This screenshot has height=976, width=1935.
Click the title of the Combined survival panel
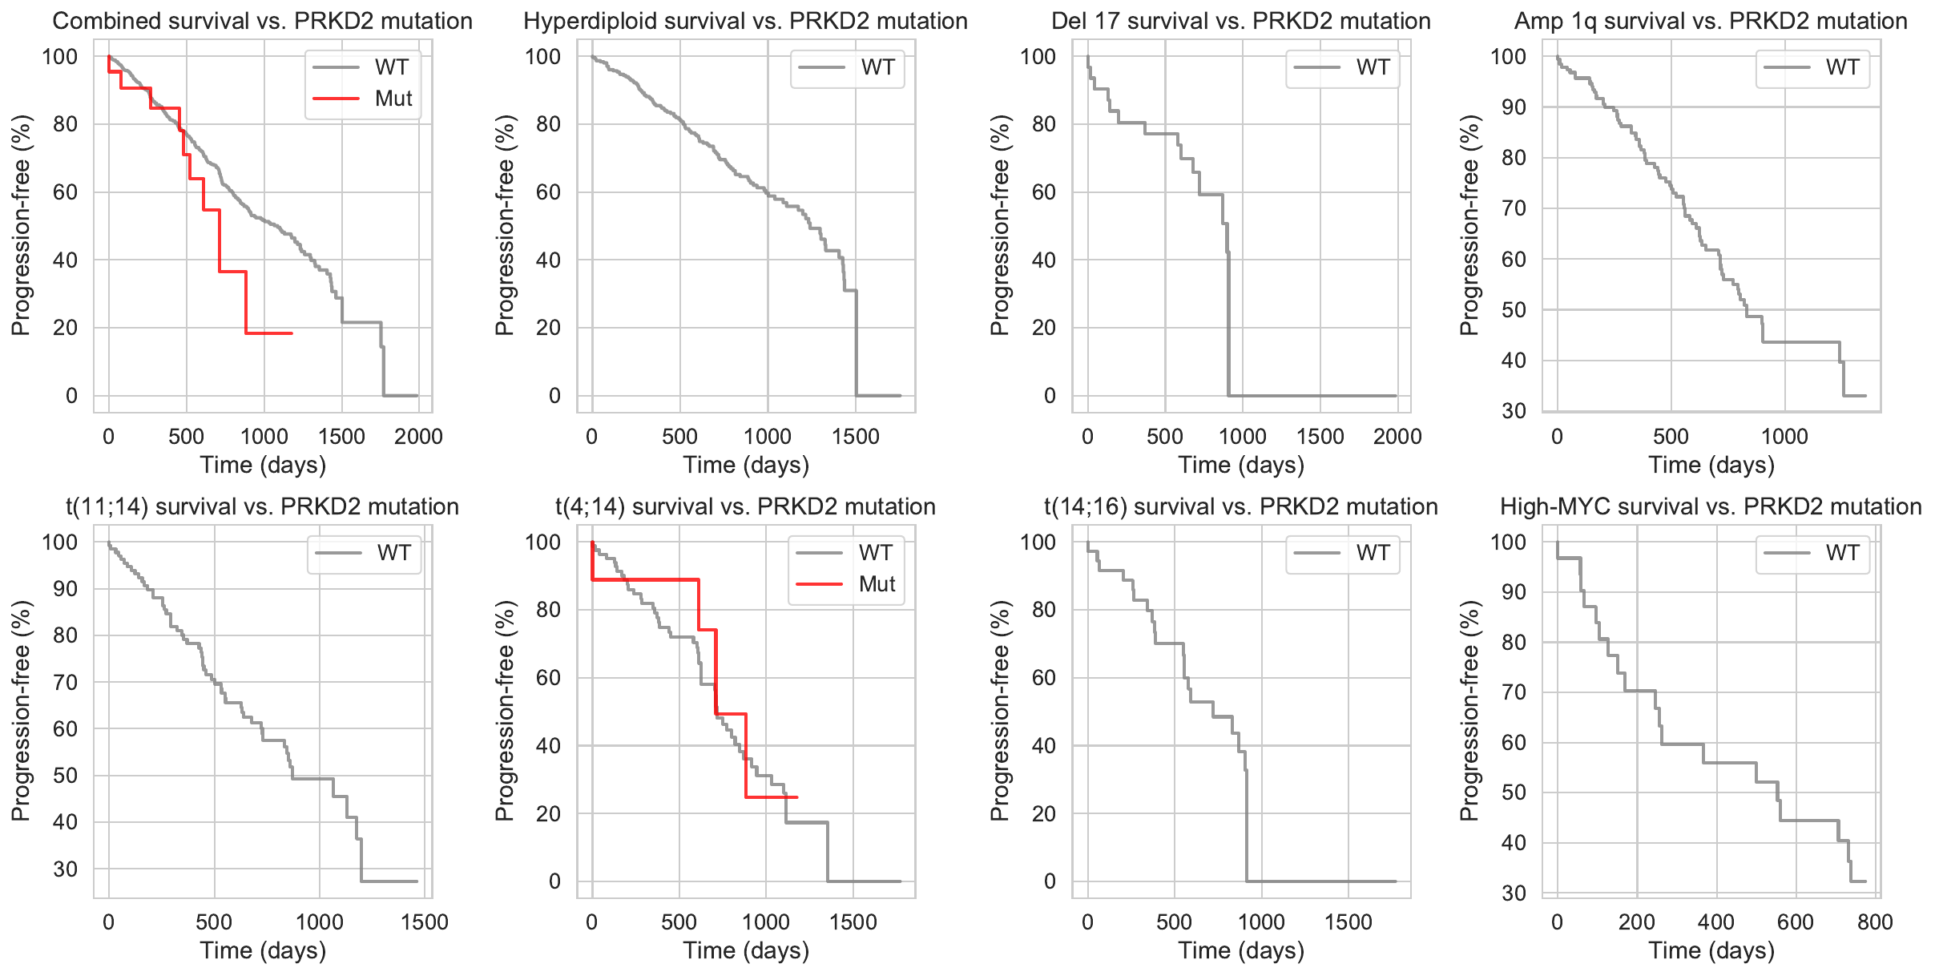262,21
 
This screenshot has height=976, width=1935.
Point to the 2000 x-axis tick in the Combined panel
418,437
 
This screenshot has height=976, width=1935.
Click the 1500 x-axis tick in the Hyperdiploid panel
856,437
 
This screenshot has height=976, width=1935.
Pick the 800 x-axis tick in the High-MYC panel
1875,922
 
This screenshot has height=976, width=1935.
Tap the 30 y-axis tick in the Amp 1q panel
1514,411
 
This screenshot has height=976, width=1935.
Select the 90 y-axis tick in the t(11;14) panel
60,589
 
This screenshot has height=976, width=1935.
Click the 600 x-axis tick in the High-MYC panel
1796,922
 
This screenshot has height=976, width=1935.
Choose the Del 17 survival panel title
1240,21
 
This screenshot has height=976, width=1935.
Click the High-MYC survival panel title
1711,506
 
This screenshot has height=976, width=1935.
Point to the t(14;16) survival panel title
1240,506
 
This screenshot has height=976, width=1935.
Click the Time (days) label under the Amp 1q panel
1711,465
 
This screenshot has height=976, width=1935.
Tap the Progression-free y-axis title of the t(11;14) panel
21,711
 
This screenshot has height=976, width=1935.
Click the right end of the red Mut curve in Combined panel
292,333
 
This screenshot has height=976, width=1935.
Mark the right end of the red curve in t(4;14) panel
796,797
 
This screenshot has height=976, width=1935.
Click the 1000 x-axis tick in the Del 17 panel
1242,437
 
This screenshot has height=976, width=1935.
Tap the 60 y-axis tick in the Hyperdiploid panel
549,192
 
